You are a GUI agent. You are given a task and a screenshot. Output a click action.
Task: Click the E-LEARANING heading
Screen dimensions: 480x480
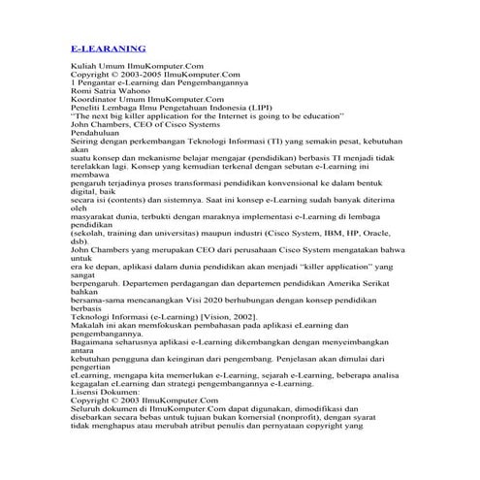click(109, 48)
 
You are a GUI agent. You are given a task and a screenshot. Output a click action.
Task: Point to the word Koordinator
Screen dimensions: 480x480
click(95, 99)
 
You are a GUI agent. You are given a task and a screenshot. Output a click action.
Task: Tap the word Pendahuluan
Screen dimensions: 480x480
click(99, 134)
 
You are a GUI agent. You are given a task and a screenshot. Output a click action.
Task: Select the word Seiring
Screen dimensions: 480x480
click(84, 143)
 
